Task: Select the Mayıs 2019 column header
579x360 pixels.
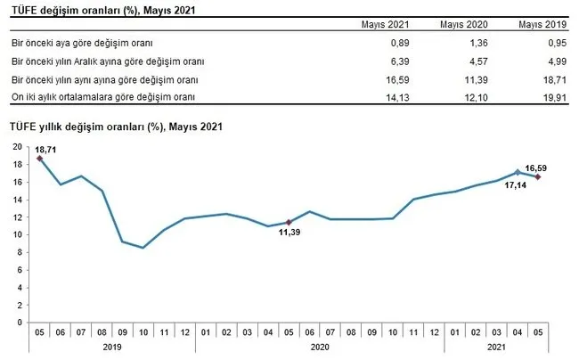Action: coord(538,24)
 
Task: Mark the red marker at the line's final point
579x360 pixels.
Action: coord(538,176)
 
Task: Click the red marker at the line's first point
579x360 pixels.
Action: coord(39,159)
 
